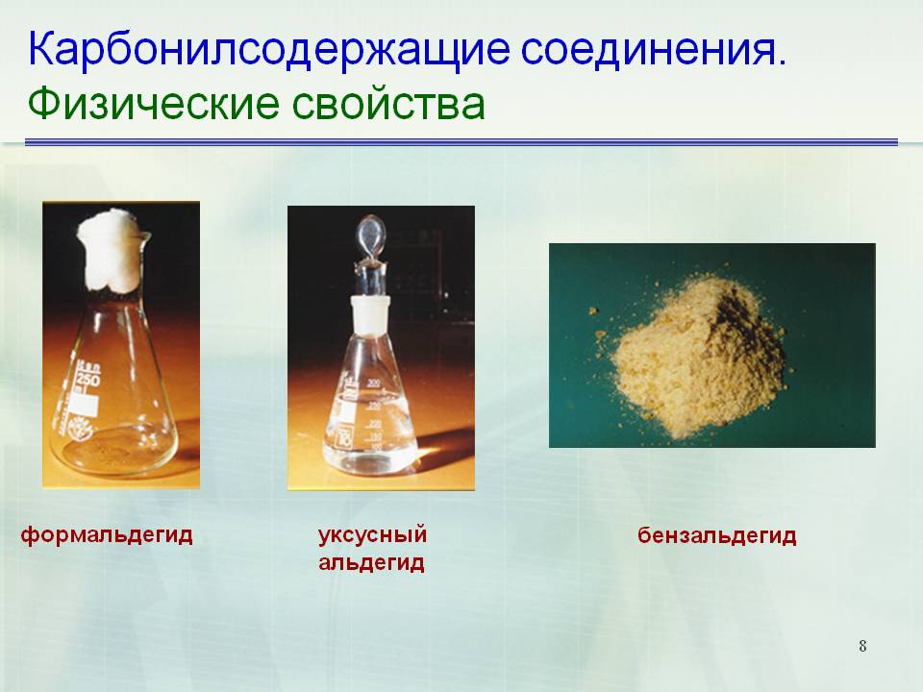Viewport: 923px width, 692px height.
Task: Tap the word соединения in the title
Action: tap(654, 48)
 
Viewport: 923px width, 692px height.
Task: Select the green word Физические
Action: tap(153, 104)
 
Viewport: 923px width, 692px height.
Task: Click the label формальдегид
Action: tap(107, 535)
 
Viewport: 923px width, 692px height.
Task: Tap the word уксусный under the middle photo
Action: tap(372, 535)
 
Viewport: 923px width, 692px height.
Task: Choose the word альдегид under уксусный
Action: tap(371, 563)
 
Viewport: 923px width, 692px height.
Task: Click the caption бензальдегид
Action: tap(716, 536)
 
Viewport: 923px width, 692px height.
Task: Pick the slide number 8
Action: tap(862, 646)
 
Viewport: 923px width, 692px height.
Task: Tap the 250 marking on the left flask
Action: tap(87, 380)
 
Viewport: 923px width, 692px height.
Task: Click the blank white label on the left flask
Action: tap(85, 406)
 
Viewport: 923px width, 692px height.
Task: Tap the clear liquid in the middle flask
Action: tap(369, 432)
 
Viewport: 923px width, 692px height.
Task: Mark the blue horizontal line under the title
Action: tap(461, 142)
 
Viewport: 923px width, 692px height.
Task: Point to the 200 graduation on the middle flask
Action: tap(373, 383)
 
